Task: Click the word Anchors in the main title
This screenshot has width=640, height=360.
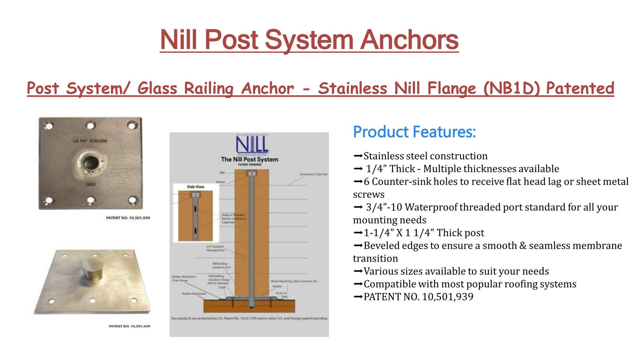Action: point(409,40)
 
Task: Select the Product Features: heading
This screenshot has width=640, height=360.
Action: point(414,132)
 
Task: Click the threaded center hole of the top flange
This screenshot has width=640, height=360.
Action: point(91,162)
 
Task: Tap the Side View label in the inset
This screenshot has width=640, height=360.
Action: point(196,187)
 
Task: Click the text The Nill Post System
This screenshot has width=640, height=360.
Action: point(249,159)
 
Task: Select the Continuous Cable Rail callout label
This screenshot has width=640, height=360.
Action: point(313,174)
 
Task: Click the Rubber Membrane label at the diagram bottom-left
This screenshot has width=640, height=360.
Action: point(194,294)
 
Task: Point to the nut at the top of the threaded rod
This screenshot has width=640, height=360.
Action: point(252,173)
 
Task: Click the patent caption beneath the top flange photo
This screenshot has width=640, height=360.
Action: point(128,218)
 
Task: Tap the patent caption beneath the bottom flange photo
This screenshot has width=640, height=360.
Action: point(129,326)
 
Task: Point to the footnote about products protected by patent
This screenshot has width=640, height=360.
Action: point(249,318)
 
